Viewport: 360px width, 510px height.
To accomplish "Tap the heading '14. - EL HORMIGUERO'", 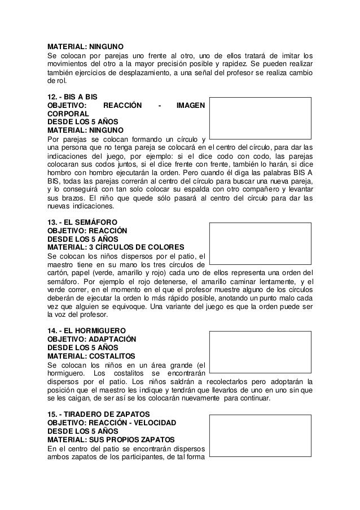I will (x=85, y=330).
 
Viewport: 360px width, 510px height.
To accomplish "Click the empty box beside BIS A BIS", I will (x=260, y=117).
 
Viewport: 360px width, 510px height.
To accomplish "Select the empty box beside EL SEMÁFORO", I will (x=260, y=243).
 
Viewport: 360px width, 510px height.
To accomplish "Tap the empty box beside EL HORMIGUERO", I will (x=260, y=351).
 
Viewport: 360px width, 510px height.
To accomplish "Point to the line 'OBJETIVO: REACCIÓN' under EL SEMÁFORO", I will (x=87, y=230).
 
